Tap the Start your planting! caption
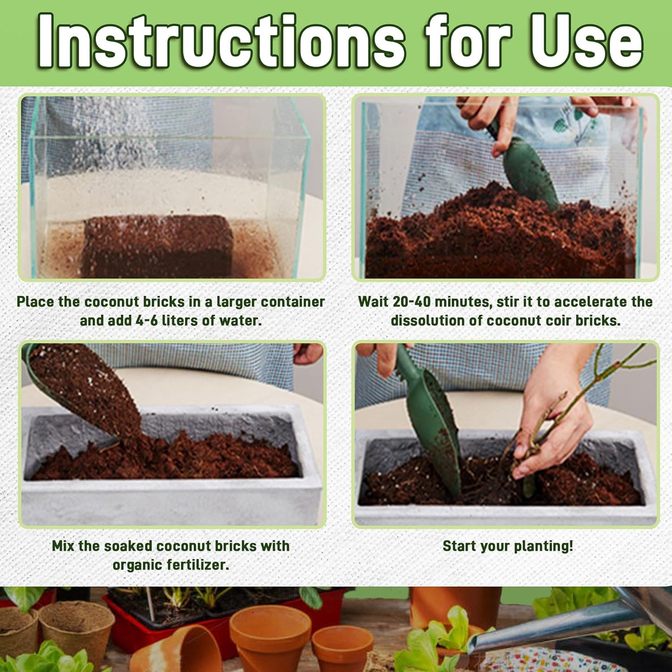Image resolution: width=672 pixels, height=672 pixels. point(507,546)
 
